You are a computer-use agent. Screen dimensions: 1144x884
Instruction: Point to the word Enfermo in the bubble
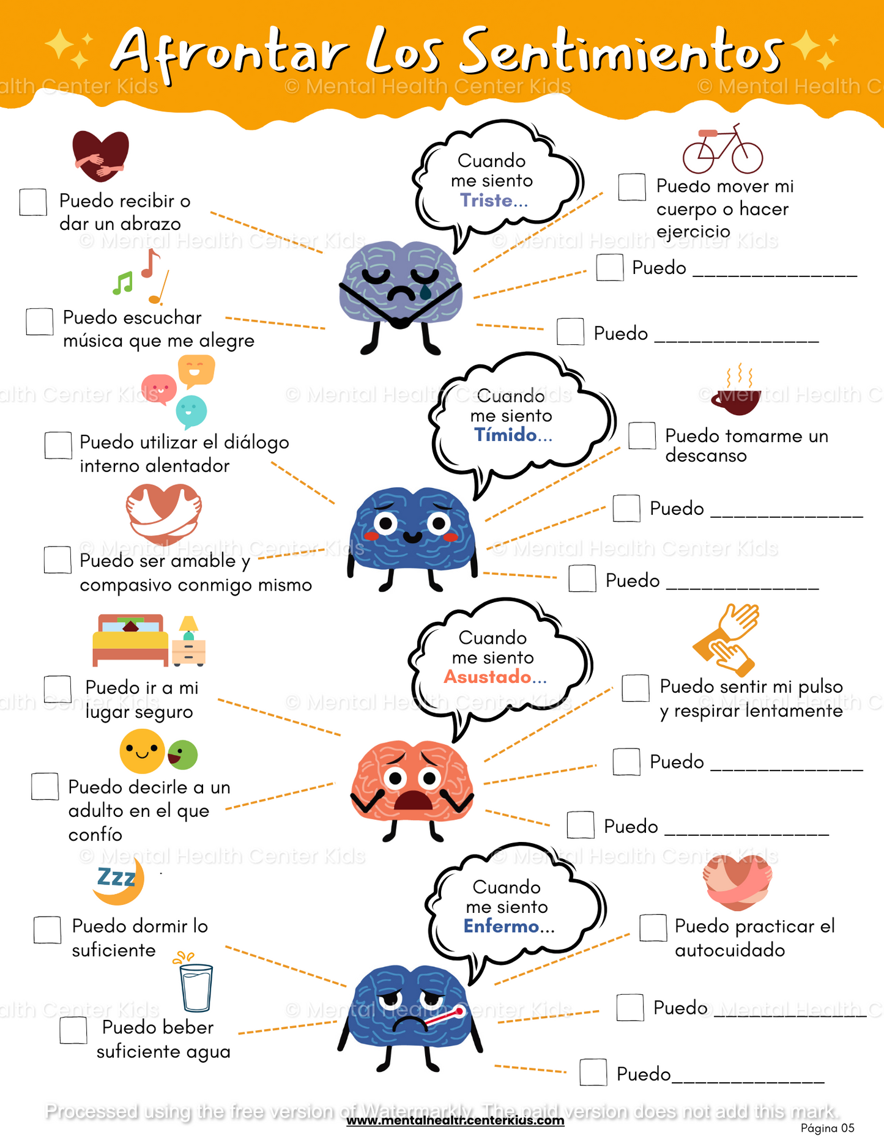(x=501, y=926)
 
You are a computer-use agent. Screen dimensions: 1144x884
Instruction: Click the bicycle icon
(x=722, y=151)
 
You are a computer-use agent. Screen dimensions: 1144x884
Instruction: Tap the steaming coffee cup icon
(x=737, y=395)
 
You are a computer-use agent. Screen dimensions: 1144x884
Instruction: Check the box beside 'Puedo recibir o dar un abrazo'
(x=33, y=202)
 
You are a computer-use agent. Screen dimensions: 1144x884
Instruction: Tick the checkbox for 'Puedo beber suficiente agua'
(x=73, y=1030)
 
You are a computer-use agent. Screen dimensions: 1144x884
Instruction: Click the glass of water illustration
(x=196, y=986)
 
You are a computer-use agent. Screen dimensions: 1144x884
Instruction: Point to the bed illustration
(x=130, y=640)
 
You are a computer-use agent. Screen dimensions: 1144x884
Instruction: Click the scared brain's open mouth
(x=414, y=800)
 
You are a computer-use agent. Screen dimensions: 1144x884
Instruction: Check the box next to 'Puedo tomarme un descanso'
(x=642, y=436)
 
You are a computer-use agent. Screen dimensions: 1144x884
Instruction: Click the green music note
(x=122, y=283)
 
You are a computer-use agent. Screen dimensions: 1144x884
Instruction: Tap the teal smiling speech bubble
(x=191, y=411)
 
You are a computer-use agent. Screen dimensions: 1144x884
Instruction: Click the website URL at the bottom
(x=455, y=1121)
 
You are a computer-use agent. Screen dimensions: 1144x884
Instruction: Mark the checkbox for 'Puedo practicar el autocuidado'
(x=653, y=928)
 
